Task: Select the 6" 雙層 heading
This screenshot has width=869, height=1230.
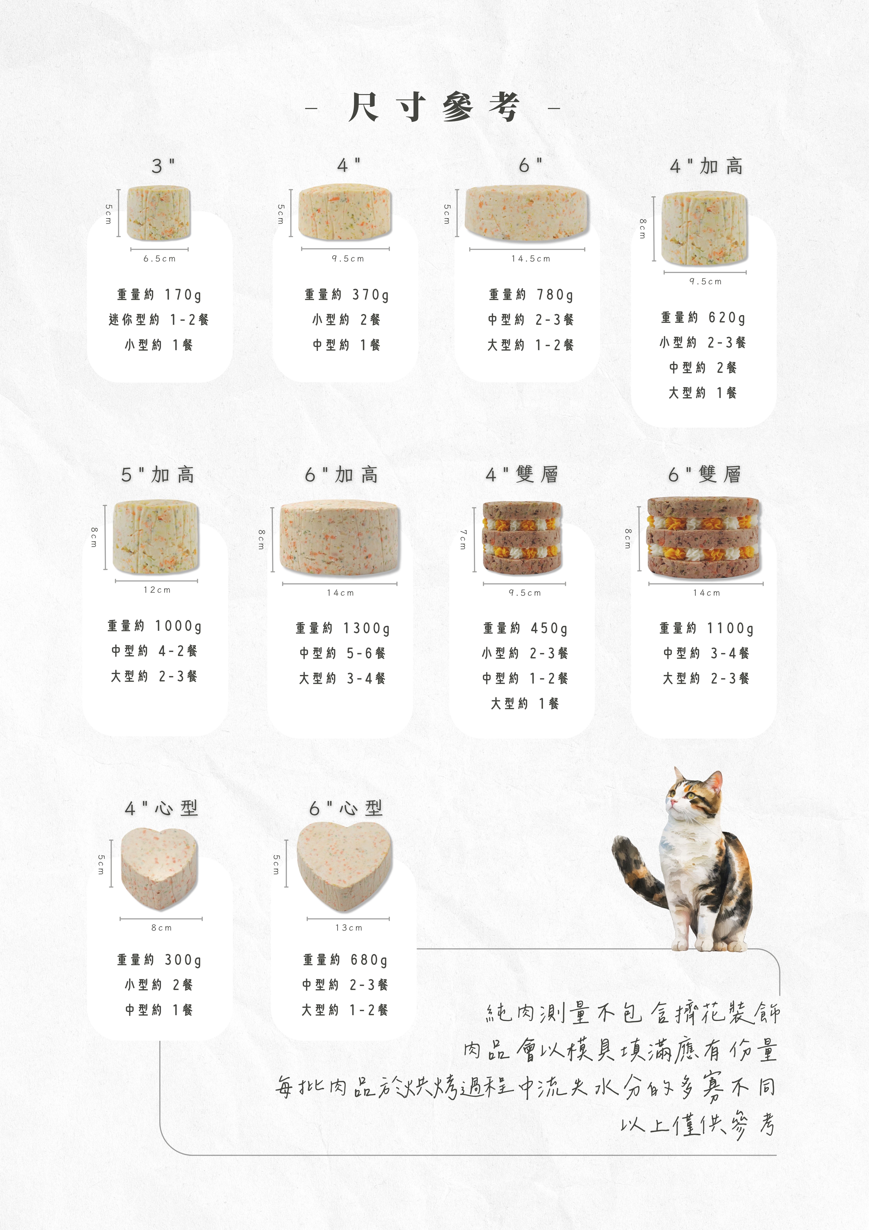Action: coord(705,474)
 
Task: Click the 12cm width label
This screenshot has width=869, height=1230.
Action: coord(157,590)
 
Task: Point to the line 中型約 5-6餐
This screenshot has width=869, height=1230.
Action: coord(343,653)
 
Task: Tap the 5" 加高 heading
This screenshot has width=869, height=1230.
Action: coord(157,474)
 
